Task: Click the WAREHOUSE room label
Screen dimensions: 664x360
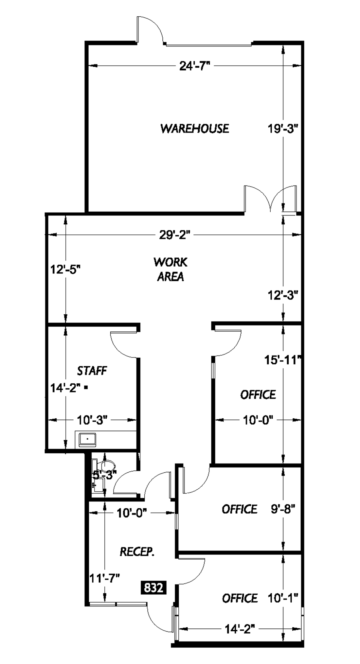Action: (194, 128)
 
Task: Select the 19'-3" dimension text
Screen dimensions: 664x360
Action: (283, 129)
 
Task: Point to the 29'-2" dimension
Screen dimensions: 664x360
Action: (174, 235)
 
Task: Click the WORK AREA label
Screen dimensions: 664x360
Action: (170, 269)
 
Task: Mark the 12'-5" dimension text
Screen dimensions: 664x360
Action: (65, 270)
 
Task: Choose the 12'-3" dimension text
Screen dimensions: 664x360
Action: (283, 295)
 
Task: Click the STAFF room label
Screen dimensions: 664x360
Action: (92, 371)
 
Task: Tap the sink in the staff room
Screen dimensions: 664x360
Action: (87, 439)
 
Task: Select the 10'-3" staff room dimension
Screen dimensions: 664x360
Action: (92, 420)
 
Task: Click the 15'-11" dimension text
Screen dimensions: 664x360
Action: (283, 360)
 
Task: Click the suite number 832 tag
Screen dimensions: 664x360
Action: (153, 587)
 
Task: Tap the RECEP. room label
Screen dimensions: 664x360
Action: (137, 552)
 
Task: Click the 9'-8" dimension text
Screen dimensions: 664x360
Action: (283, 509)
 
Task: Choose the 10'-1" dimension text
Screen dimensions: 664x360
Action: (283, 598)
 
